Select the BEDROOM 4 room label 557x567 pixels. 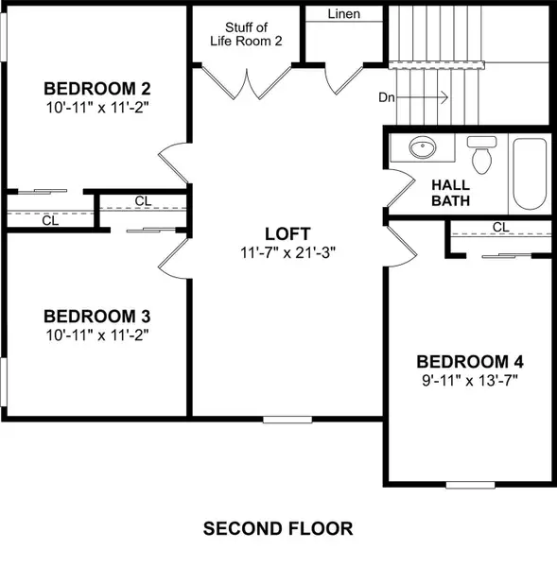(x=470, y=362)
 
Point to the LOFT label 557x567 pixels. (x=287, y=233)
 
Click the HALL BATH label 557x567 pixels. (x=451, y=192)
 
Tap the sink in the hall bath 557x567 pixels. (x=423, y=148)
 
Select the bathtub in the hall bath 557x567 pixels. (x=530, y=175)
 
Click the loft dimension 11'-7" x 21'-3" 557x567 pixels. (x=287, y=252)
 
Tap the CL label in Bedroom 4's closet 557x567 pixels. (x=500, y=227)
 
